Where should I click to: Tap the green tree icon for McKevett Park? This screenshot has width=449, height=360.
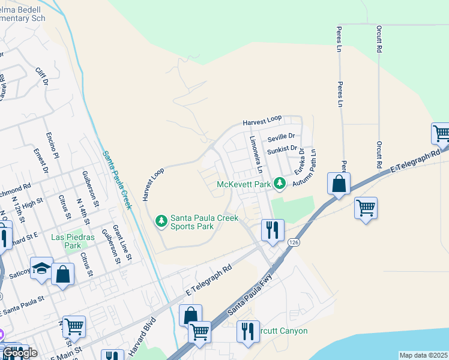(279, 184)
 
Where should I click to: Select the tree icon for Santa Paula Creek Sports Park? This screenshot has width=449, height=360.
(161, 221)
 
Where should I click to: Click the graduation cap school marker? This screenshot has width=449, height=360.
(41, 268)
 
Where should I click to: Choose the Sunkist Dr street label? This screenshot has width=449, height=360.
(282, 148)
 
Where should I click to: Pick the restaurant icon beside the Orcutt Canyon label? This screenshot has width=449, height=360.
(248, 331)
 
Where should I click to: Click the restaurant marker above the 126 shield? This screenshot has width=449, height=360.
(272, 229)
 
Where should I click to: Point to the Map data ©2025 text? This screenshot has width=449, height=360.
(423, 355)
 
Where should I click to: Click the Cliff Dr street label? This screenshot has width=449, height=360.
(41, 77)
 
